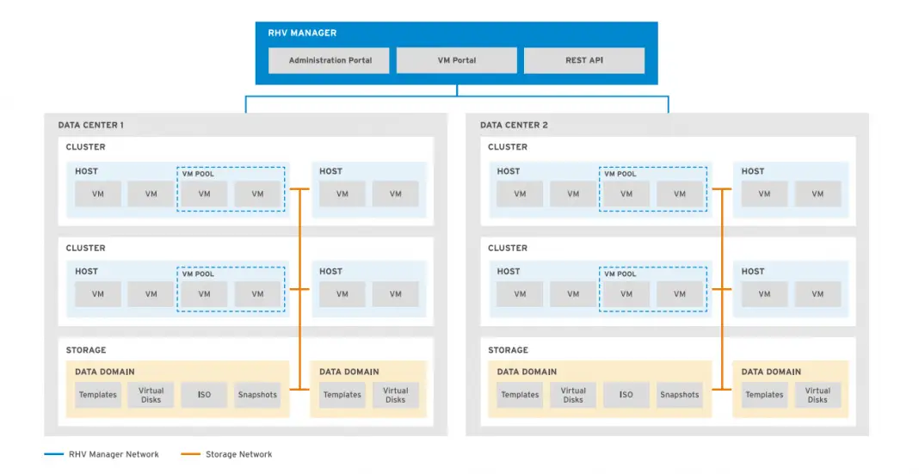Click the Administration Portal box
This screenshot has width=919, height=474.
click(330, 60)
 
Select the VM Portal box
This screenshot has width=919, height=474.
click(457, 60)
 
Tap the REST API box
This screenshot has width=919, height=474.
click(583, 60)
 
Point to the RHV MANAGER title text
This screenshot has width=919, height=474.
click(302, 33)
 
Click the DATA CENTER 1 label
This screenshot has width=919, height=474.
click(90, 125)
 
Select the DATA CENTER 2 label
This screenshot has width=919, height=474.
click(514, 125)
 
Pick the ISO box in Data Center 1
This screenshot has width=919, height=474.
click(204, 395)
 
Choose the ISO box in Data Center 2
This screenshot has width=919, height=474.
click(626, 395)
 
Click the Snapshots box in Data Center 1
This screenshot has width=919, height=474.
click(257, 395)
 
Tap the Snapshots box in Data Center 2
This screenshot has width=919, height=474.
click(680, 395)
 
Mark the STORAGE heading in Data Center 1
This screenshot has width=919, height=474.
click(86, 350)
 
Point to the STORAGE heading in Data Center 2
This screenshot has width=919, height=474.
click(508, 350)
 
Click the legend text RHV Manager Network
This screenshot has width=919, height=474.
click(114, 454)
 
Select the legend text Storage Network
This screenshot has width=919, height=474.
click(238, 454)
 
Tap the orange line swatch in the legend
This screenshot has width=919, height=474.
click(190, 454)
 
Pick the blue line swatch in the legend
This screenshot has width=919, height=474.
click(53, 454)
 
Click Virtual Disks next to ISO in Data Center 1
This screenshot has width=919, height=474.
click(151, 395)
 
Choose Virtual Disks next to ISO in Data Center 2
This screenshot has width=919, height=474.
click(573, 395)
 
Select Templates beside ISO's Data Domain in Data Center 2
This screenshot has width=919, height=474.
click(520, 395)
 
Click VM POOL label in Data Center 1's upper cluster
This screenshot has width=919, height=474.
click(198, 174)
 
